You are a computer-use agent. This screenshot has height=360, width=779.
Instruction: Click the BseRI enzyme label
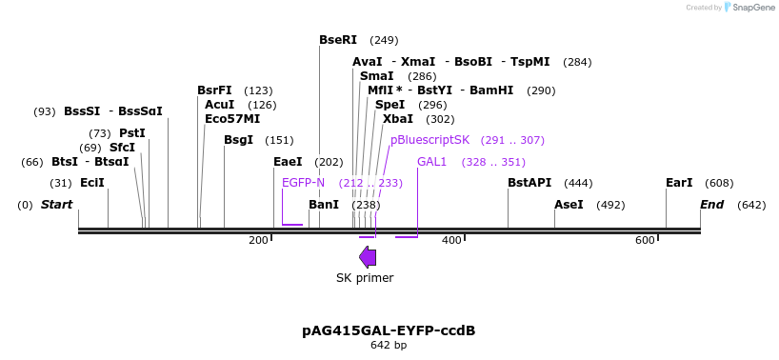pyautogui.click(x=338, y=40)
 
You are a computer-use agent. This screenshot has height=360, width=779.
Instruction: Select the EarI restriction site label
pyautogui.click(x=679, y=182)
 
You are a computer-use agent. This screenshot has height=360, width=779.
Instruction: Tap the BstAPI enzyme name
pyautogui.click(x=529, y=182)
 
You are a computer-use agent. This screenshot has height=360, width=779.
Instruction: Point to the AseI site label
pyautogui.click(x=569, y=205)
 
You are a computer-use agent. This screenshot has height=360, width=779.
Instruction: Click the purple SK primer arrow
pyautogui.click(x=368, y=256)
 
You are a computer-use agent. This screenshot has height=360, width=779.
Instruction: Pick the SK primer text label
pyautogui.click(x=365, y=278)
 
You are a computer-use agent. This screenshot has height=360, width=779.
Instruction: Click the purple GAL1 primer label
pyautogui.click(x=431, y=162)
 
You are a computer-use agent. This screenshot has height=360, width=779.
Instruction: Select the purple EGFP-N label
pyautogui.click(x=303, y=182)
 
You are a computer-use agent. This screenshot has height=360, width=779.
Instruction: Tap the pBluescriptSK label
pyautogui.click(x=429, y=140)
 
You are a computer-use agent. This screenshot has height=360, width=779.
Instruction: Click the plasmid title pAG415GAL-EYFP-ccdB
pyautogui.click(x=389, y=330)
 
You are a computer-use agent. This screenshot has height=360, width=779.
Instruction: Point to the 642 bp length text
pyautogui.click(x=389, y=345)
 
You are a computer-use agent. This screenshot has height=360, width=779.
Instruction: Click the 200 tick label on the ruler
pyautogui.click(x=258, y=240)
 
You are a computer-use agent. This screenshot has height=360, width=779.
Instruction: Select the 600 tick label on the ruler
pyautogui.click(x=645, y=240)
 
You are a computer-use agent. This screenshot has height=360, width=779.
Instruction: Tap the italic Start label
pyautogui.click(x=56, y=205)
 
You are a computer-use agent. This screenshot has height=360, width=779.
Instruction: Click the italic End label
pyautogui.click(x=711, y=205)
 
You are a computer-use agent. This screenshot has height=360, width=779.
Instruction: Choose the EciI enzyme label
pyautogui.click(x=92, y=182)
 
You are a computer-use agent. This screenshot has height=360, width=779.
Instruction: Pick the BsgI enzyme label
pyautogui.click(x=238, y=140)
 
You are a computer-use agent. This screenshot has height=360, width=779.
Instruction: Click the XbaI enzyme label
pyautogui.click(x=398, y=119)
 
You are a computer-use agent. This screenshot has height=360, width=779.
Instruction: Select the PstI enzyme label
pyautogui.click(x=132, y=133)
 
